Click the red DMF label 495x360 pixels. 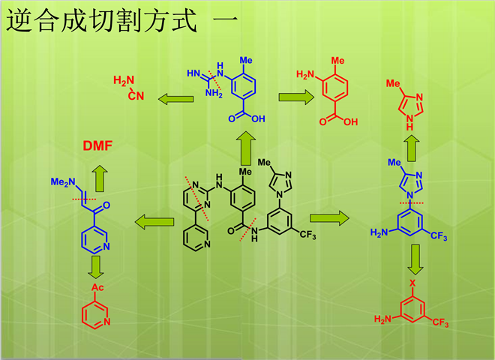(x=97, y=146)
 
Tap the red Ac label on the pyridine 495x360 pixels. (x=97, y=287)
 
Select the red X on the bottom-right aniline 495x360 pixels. (x=412, y=283)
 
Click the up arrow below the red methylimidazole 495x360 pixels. (x=411, y=142)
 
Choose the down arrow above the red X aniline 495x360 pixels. (x=412, y=260)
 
